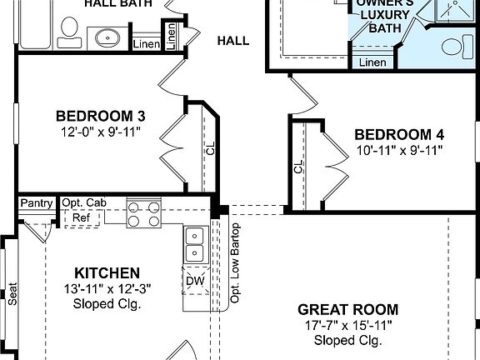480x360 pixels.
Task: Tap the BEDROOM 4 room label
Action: click(393, 134)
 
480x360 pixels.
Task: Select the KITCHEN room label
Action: click(107, 272)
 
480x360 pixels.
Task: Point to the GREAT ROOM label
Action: click(347, 309)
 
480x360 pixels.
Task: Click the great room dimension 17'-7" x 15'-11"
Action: click(347, 325)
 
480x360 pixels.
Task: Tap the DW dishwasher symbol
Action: click(195, 282)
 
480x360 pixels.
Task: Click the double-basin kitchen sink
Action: click(194, 244)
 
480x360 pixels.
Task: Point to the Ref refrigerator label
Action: click(81, 217)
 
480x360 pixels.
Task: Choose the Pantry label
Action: click(37, 203)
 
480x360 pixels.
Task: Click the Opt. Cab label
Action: click(83, 203)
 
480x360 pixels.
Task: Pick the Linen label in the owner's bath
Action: click(372, 62)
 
